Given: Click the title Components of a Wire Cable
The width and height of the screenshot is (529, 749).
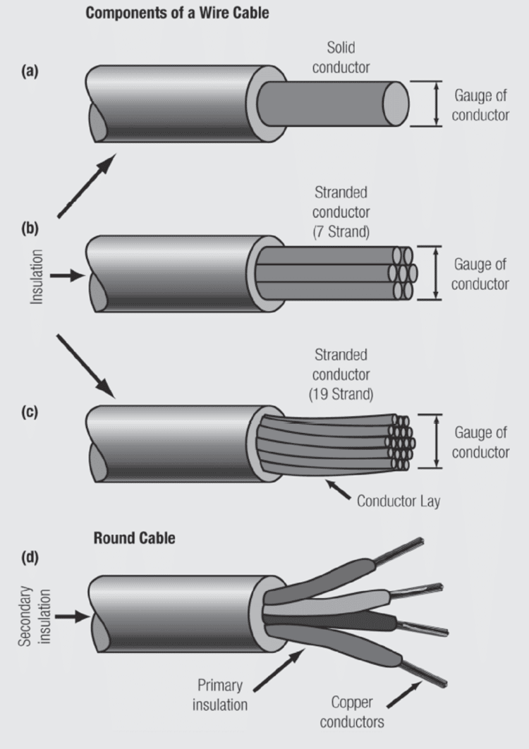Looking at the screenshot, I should click(177, 13).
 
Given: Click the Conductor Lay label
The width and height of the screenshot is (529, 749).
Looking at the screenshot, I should click(399, 501).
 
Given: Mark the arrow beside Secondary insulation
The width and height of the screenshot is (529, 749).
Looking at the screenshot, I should click(71, 616).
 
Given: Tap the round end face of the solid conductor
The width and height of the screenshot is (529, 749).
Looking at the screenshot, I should click(396, 104).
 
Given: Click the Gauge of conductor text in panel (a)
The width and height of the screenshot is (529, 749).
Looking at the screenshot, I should click(480, 105).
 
